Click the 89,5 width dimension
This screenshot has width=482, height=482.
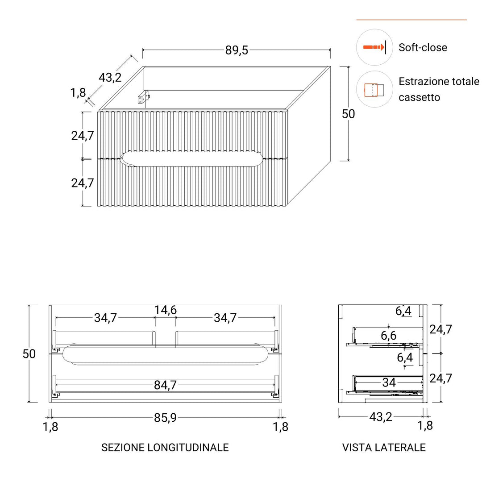pyautogui.click(x=237, y=50)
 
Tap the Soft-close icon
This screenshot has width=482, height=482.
pyautogui.click(x=374, y=47)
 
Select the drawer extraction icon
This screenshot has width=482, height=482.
pyautogui.click(x=374, y=89)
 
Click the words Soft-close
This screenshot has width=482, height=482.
pyautogui.click(x=423, y=47)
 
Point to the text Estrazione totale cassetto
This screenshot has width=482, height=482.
pyautogui.click(x=439, y=89)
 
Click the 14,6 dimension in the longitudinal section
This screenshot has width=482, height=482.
pyautogui.click(x=166, y=310)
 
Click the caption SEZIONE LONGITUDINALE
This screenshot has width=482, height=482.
pyautogui.click(x=165, y=447)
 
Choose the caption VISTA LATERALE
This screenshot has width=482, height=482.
pyautogui.click(x=384, y=447)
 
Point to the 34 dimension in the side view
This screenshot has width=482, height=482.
pyautogui.click(x=389, y=382)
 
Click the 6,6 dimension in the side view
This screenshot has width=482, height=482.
pyautogui.click(x=389, y=336)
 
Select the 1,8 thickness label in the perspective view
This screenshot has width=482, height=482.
pyautogui.click(x=78, y=93)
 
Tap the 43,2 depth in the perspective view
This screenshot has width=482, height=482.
pyautogui.click(x=110, y=77)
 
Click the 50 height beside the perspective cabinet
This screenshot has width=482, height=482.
pyautogui.click(x=349, y=114)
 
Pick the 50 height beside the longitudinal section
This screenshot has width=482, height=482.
pyautogui.click(x=29, y=354)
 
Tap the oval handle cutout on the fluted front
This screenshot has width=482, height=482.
pyautogui.click(x=192, y=158)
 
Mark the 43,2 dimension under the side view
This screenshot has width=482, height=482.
pyautogui.click(x=380, y=417)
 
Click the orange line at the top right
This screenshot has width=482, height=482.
pyautogui.click(x=411, y=20)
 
